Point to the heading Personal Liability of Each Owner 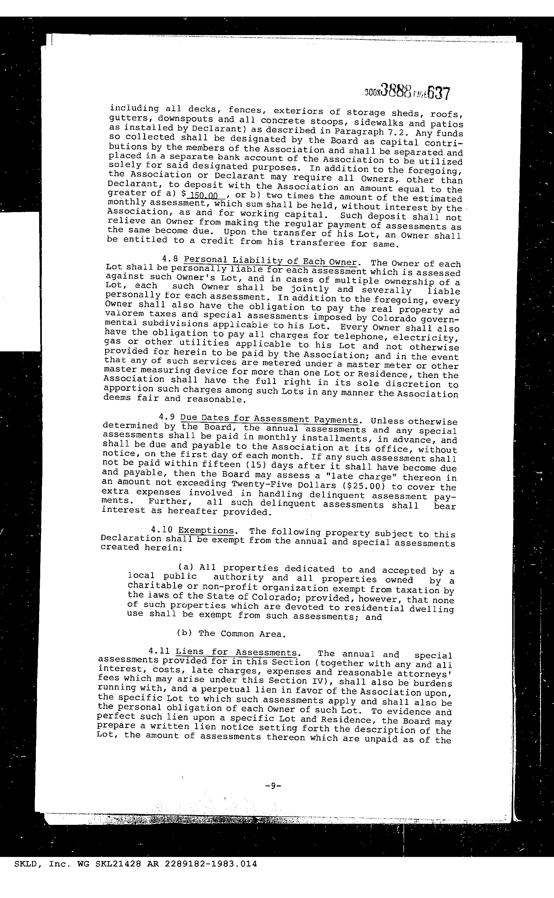coord(270,261)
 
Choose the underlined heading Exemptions coord(206,531)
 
